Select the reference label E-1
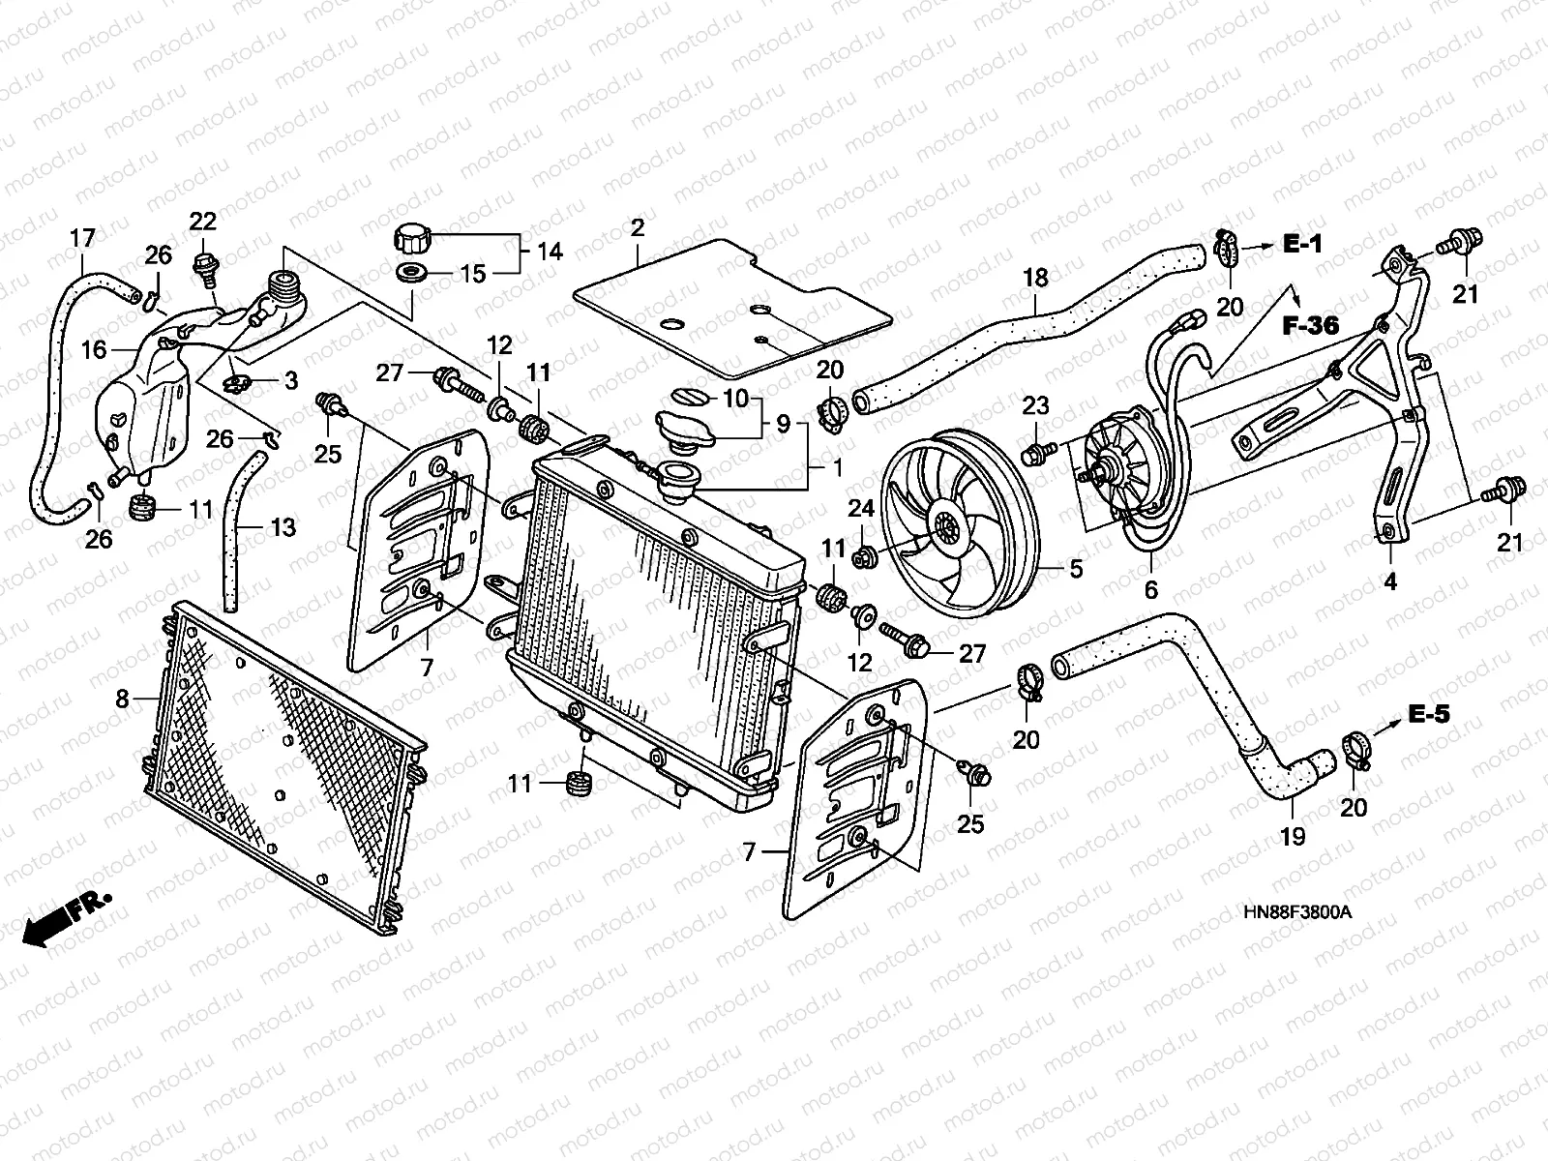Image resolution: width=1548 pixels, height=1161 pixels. pyautogui.click(x=1302, y=245)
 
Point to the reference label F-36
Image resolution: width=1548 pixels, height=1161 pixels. pyautogui.click(x=1310, y=326)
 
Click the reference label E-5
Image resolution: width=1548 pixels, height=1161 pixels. pyautogui.click(x=1429, y=715)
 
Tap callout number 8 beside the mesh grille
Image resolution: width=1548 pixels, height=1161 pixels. pyautogui.click(x=122, y=698)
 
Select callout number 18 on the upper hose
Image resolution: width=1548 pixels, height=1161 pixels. pyautogui.click(x=1035, y=278)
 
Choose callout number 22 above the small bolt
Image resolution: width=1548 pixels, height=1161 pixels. pyautogui.click(x=202, y=222)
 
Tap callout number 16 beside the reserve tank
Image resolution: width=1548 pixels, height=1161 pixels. pyautogui.click(x=94, y=349)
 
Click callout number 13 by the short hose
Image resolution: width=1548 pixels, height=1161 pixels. pyautogui.click(x=283, y=527)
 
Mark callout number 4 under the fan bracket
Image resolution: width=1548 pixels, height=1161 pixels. pyautogui.click(x=1390, y=581)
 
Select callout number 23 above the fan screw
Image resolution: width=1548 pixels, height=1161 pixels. pyautogui.click(x=1035, y=406)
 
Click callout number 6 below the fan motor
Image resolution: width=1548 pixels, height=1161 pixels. pyautogui.click(x=1150, y=589)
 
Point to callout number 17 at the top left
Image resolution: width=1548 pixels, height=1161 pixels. pyautogui.click(x=83, y=237)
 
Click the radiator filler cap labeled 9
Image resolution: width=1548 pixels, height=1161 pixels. pyautogui.click(x=684, y=426)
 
